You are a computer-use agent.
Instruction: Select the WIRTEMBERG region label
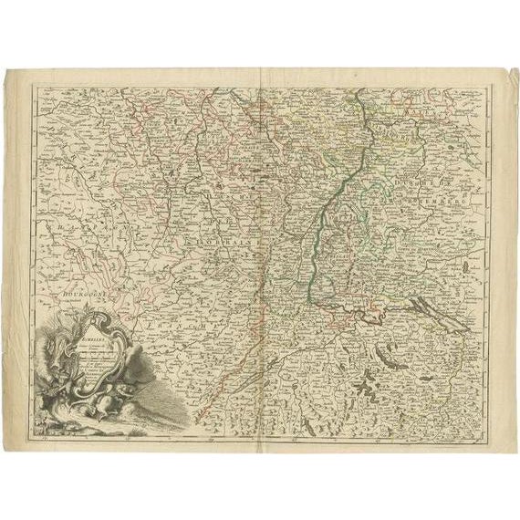[456, 194]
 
